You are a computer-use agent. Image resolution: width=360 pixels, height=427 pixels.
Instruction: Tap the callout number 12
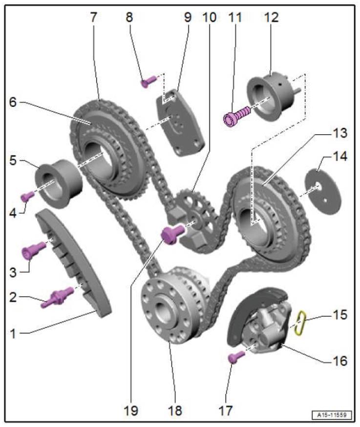pos(271,18)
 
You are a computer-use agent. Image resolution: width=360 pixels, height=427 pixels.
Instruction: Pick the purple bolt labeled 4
pos(27,197)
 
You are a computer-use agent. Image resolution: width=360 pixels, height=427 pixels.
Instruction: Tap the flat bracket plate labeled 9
pos(180,122)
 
